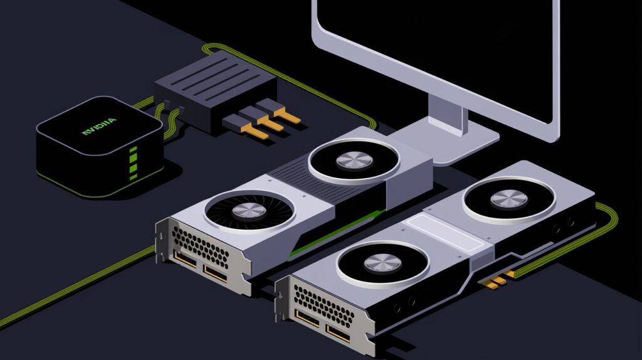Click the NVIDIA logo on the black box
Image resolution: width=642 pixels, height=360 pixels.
point(98,126)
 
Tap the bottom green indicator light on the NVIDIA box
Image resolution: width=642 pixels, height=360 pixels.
point(134,176)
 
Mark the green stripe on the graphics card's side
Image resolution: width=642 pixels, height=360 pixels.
point(337,233)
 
